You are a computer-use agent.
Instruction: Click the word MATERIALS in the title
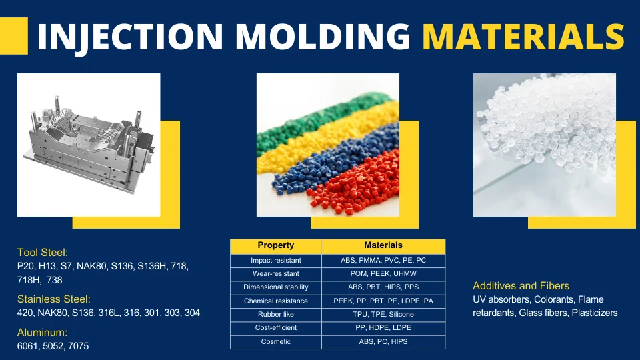tap(523, 36)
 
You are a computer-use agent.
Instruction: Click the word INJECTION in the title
tap(130, 37)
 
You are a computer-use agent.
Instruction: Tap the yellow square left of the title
tap(14, 36)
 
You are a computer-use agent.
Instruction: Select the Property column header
tap(276, 245)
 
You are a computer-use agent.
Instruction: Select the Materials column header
tap(383, 245)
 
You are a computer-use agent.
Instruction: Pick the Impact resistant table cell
tap(276, 261)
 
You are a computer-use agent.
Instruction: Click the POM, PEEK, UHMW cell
tap(383, 274)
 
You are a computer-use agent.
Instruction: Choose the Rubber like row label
tap(276, 314)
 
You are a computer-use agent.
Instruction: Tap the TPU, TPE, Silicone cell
tap(383, 314)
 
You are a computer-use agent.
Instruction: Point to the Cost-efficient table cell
tap(276, 328)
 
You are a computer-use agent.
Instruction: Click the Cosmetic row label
tap(276, 341)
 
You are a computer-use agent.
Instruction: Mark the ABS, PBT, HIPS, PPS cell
tap(383, 287)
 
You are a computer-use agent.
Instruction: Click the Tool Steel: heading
tap(43, 252)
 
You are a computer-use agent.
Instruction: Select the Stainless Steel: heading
tap(53, 299)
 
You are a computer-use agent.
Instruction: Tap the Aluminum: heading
tap(42, 332)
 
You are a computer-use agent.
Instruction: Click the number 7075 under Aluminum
tap(79, 346)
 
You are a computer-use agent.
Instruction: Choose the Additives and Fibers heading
tap(521, 286)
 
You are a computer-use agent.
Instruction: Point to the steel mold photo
tap(89, 145)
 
